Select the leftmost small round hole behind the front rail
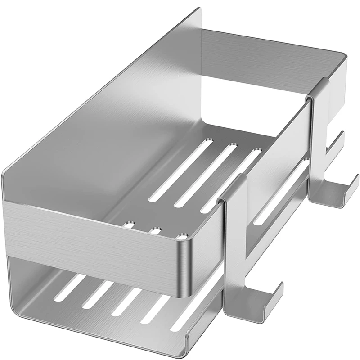[131, 223]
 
